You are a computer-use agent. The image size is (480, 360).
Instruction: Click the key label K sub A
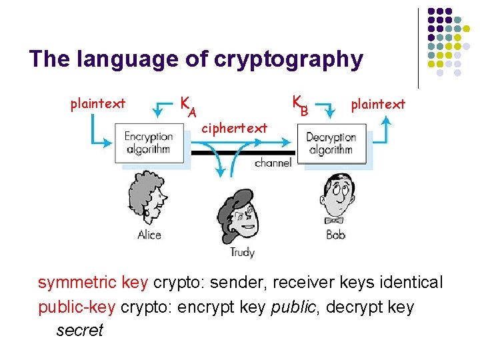point(187,105)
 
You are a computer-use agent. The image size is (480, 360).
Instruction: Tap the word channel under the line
point(272,163)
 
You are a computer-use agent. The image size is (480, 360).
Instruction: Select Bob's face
point(338,193)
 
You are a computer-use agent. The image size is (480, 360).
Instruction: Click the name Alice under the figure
point(149,234)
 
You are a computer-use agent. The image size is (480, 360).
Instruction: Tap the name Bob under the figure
point(335,235)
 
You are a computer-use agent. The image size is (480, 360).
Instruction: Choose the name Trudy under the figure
point(242,252)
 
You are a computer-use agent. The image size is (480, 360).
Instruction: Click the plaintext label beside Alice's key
point(98,103)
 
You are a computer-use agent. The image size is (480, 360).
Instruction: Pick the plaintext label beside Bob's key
point(378,104)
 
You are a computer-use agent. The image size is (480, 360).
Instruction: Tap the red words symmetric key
point(93,283)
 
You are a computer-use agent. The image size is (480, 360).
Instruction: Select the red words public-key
point(77,307)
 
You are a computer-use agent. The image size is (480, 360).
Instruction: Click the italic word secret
point(79,331)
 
